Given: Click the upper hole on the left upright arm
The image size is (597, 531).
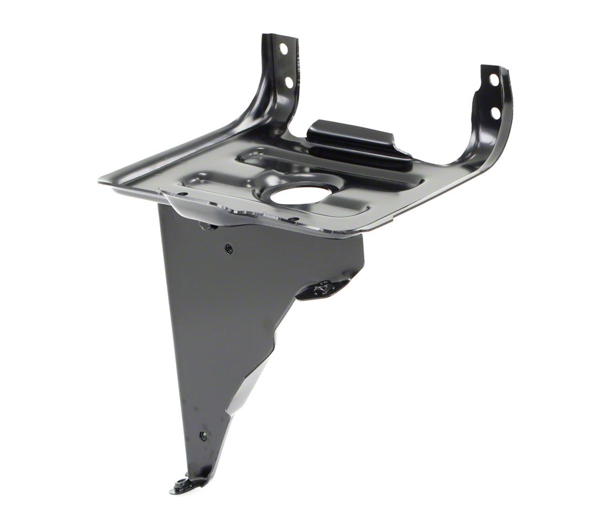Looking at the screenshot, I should click(x=284, y=49).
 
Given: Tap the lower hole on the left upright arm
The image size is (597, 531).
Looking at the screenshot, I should click(x=288, y=82).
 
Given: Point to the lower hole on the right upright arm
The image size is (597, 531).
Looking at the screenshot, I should click(x=495, y=113).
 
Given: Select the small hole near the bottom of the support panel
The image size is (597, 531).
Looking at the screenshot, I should click(x=203, y=435).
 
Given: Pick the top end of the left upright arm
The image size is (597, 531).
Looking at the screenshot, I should click(x=280, y=38).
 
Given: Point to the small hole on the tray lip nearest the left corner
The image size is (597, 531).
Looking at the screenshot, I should click(x=182, y=194).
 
